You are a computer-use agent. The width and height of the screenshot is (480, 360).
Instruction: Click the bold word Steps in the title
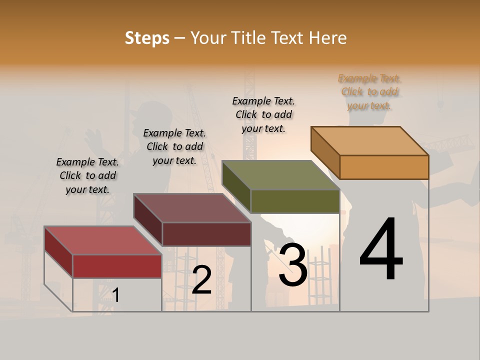coord(147,38)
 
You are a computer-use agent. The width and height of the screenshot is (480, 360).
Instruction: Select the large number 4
coord(381,250)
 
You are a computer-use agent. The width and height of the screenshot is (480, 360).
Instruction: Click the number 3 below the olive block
coord(292,265)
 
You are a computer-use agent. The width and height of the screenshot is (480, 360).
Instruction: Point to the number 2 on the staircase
coord(201,280)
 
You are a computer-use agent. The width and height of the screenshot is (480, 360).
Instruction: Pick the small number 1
coord(115,295)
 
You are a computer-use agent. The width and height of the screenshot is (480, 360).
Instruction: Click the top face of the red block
coord(102,240)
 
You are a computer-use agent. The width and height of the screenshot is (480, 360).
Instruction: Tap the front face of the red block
coord(117,266)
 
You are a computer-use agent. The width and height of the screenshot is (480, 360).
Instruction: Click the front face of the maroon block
coord(206,234)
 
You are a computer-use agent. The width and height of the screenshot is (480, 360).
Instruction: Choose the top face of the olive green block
coord(281,175)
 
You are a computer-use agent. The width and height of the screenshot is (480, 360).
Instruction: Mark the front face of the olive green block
coord(295,201)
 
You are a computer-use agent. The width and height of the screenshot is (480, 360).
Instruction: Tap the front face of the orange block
coord(384,167)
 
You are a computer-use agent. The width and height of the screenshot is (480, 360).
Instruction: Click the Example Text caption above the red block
coord(87,175)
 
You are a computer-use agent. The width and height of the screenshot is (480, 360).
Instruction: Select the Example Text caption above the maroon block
coord(174,146)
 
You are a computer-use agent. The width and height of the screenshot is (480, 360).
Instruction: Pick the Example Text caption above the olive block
coord(263,114)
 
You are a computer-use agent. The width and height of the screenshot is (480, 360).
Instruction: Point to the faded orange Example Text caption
coord(369,91)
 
